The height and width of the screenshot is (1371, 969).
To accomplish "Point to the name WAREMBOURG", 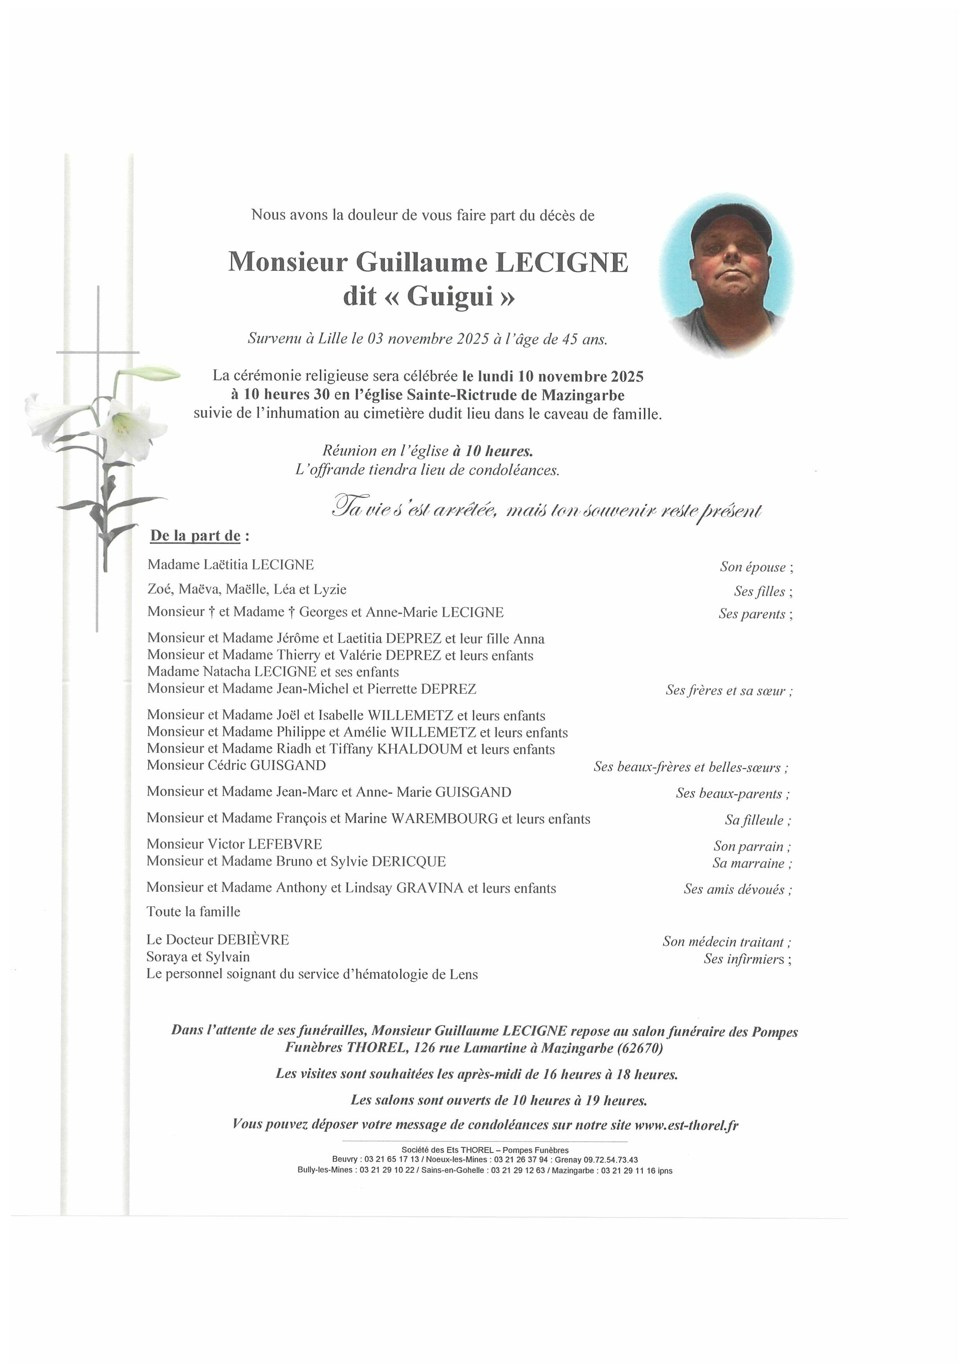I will click(x=444, y=819).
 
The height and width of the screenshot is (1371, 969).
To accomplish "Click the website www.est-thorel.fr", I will click(x=686, y=1125).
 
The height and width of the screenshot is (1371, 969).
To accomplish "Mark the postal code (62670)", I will click(x=640, y=1048).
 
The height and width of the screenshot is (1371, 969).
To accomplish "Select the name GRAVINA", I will click(x=430, y=888).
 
